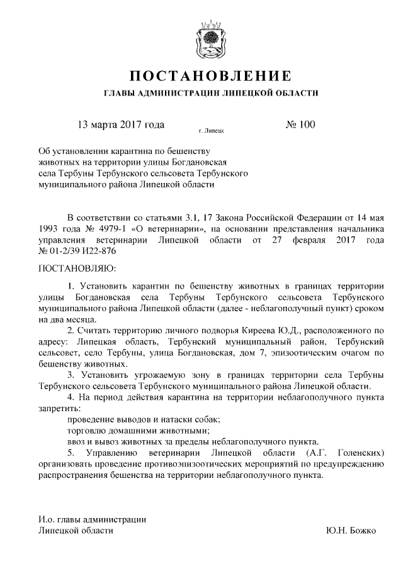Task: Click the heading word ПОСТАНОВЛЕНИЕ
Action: [x=210, y=77]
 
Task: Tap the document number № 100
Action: [x=300, y=124]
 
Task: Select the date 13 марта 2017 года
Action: [x=121, y=124]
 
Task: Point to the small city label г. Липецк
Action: [x=211, y=131]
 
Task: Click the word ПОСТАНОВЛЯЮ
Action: [x=73, y=268]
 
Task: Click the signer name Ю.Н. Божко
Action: [x=351, y=531]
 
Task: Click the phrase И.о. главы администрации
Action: [x=93, y=519]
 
